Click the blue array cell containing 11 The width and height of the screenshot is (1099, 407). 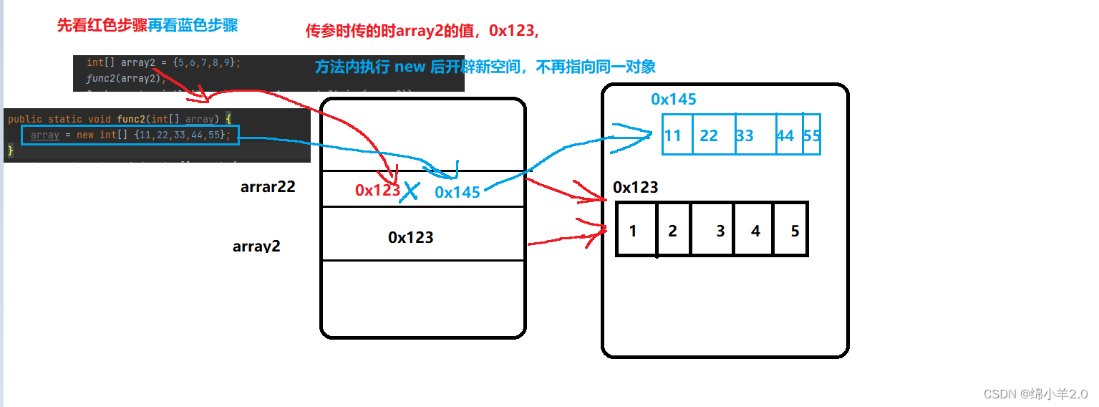pos(677,135)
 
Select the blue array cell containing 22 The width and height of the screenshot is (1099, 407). pos(713,135)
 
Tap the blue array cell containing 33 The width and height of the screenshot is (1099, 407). pos(755,135)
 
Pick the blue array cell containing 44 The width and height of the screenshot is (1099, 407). pos(789,135)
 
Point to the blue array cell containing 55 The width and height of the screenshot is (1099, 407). pos(812,135)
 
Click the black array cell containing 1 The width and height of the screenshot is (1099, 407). pos(636,230)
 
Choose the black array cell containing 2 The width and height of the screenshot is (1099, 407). pos(673,230)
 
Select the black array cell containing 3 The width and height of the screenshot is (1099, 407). pos(712,230)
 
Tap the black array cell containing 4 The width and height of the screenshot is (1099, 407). pos(754,230)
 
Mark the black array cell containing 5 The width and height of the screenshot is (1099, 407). pos(790,230)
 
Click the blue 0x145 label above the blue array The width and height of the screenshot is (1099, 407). pos(673,99)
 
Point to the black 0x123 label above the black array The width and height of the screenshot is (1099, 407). pos(635,188)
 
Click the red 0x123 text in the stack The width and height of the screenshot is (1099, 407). pos(377,190)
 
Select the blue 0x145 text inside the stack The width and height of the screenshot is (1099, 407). pos(457,192)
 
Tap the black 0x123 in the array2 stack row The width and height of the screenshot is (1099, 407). pos(410,237)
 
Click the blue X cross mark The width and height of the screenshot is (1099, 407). pos(410,191)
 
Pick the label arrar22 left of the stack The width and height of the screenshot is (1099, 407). pos(268,188)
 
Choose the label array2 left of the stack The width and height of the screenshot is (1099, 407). pos(256,246)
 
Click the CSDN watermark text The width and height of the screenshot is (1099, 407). pos(1035,394)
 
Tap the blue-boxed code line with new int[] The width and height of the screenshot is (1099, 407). pos(130,134)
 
